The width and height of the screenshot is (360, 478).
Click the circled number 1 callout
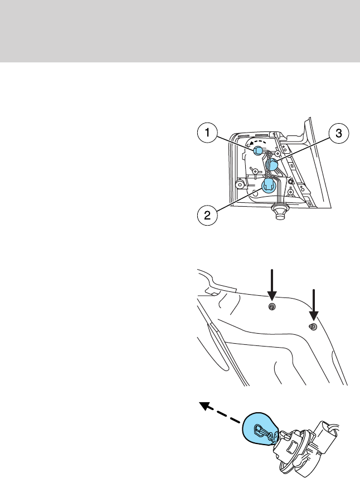pos(206,133)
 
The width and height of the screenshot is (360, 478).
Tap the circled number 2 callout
pos(206,215)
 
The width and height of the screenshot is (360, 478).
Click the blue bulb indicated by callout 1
pos(257,150)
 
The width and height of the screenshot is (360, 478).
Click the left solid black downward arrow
pos(272,284)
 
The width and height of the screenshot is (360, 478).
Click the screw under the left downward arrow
pos(272,308)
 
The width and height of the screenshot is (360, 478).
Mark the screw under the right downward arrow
pos(313,327)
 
